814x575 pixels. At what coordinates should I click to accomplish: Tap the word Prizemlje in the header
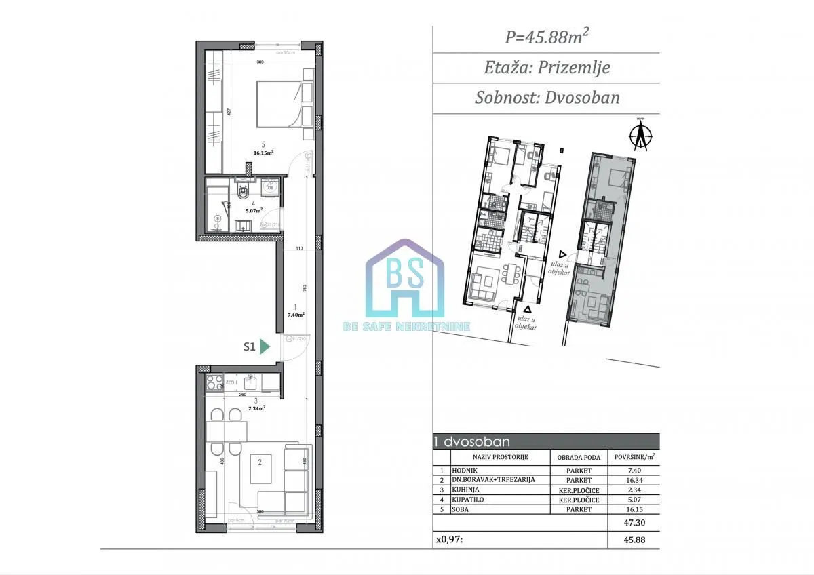point(576,67)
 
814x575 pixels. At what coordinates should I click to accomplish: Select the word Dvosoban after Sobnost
point(583,97)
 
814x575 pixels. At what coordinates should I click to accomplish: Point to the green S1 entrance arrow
point(265,346)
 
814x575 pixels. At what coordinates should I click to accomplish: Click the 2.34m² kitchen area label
point(255,408)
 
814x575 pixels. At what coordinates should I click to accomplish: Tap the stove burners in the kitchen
point(214,382)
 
